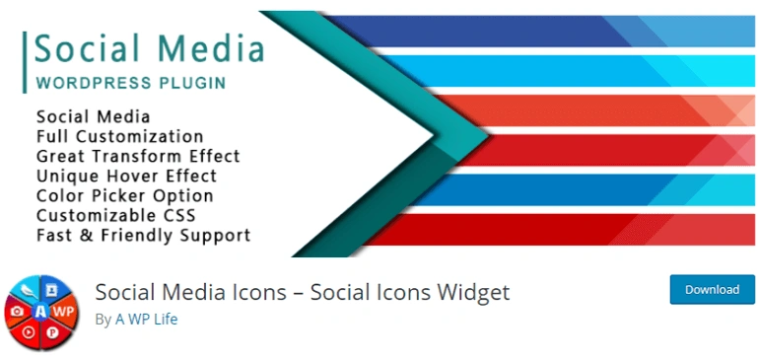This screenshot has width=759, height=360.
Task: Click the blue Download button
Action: point(712,290)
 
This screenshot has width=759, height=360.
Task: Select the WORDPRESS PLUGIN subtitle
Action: point(130,80)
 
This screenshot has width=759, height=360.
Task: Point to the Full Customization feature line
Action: point(119,136)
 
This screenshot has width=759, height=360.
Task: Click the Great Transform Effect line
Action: point(138,156)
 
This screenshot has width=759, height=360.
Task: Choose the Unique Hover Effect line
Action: point(126,176)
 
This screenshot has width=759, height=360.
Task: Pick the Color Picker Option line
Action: point(124,195)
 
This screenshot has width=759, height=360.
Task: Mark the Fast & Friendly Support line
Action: point(143,236)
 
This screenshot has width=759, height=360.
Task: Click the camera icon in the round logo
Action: point(17,312)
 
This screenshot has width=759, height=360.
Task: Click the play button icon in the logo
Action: point(30,332)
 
